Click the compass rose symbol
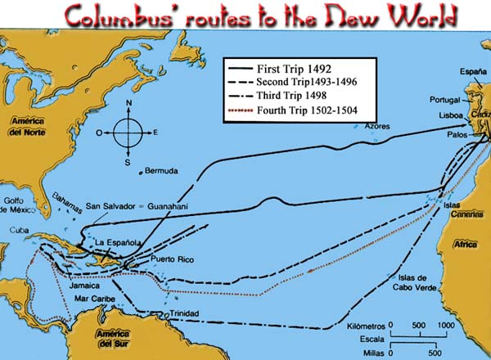click(x=127, y=131)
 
